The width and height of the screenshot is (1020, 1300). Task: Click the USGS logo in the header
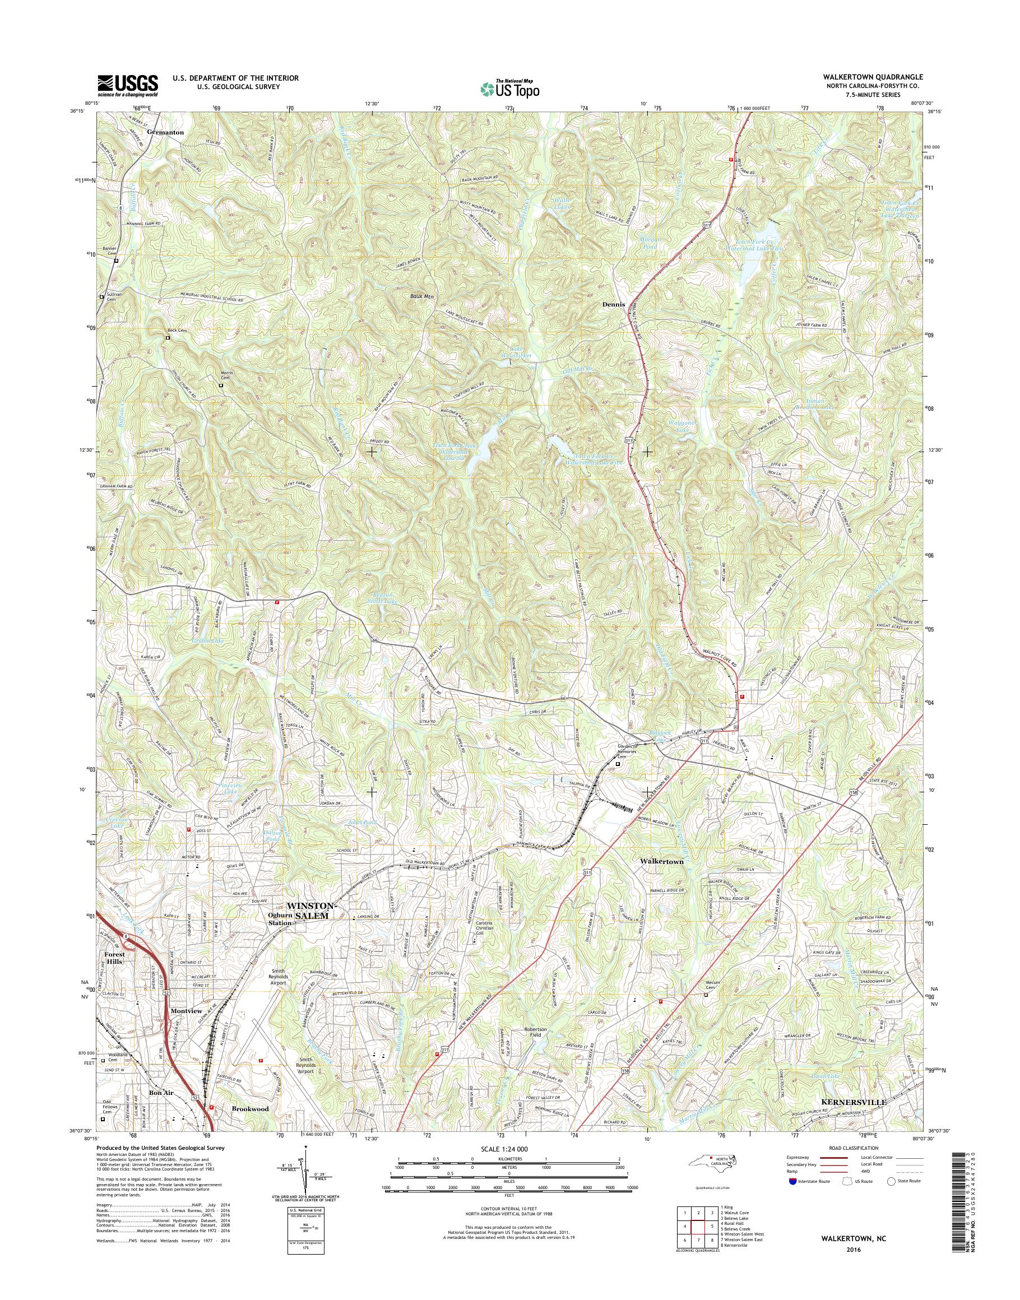(x=128, y=85)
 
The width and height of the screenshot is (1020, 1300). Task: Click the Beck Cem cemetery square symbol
(x=168, y=337)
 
